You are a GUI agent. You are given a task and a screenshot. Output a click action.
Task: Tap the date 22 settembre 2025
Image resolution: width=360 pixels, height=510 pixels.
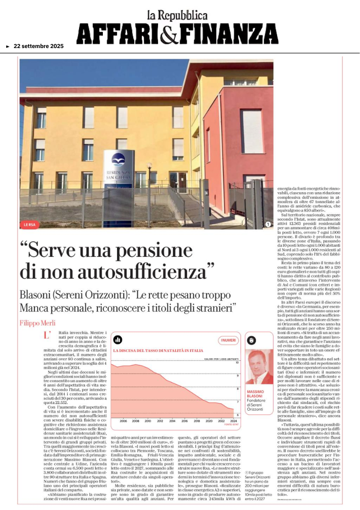pyautogui.click(x=39, y=47)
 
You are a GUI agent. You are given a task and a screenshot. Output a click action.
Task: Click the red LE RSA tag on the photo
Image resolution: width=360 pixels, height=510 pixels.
pyautogui.click(x=30, y=224)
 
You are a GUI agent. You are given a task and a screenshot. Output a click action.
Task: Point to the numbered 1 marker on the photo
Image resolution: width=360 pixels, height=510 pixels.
pyautogui.click(x=268, y=224)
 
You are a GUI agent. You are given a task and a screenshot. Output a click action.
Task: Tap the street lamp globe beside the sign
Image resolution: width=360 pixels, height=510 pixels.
pyautogui.click(x=149, y=166)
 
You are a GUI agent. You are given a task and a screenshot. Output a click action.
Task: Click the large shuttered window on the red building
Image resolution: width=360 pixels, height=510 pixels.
pyautogui.click(x=251, y=131)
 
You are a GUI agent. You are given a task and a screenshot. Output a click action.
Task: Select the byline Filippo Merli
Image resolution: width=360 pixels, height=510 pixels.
pyautogui.click(x=38, y=309)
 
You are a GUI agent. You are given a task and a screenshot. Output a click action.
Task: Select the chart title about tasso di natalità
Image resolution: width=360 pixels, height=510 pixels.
pyautogui.click(x=155, y=350)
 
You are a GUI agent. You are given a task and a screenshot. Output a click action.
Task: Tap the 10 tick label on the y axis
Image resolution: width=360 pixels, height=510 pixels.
pyautogui.click(x=237, y=363)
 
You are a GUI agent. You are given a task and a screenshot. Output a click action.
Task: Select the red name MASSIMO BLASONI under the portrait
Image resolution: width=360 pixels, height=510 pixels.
pyautogui.click(x=255, y=394)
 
